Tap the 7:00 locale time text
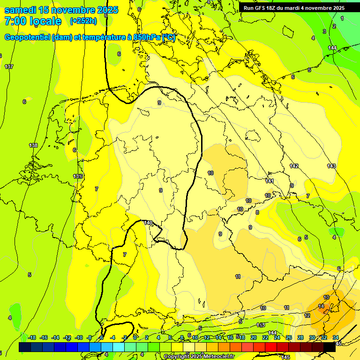tap(32, 21)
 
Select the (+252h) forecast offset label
tap(83, 21)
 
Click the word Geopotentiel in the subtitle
tap(29, 37)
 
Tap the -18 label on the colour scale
tap(32, 337)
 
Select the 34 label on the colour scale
tap(336, 337)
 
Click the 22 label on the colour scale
tap(265, 337)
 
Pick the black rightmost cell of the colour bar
tap(330, 347)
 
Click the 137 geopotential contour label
tap(9, 67)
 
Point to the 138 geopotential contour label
tap(33, 145)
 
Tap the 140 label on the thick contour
tap(148, 223)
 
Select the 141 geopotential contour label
tap(270, 181)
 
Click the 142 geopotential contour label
tap(294, 166)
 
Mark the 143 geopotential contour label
tap(331, 166)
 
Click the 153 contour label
tap(261, 325)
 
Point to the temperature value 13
tap(326, 298)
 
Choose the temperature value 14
tap(321, 306)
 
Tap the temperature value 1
tap(342, 18)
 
